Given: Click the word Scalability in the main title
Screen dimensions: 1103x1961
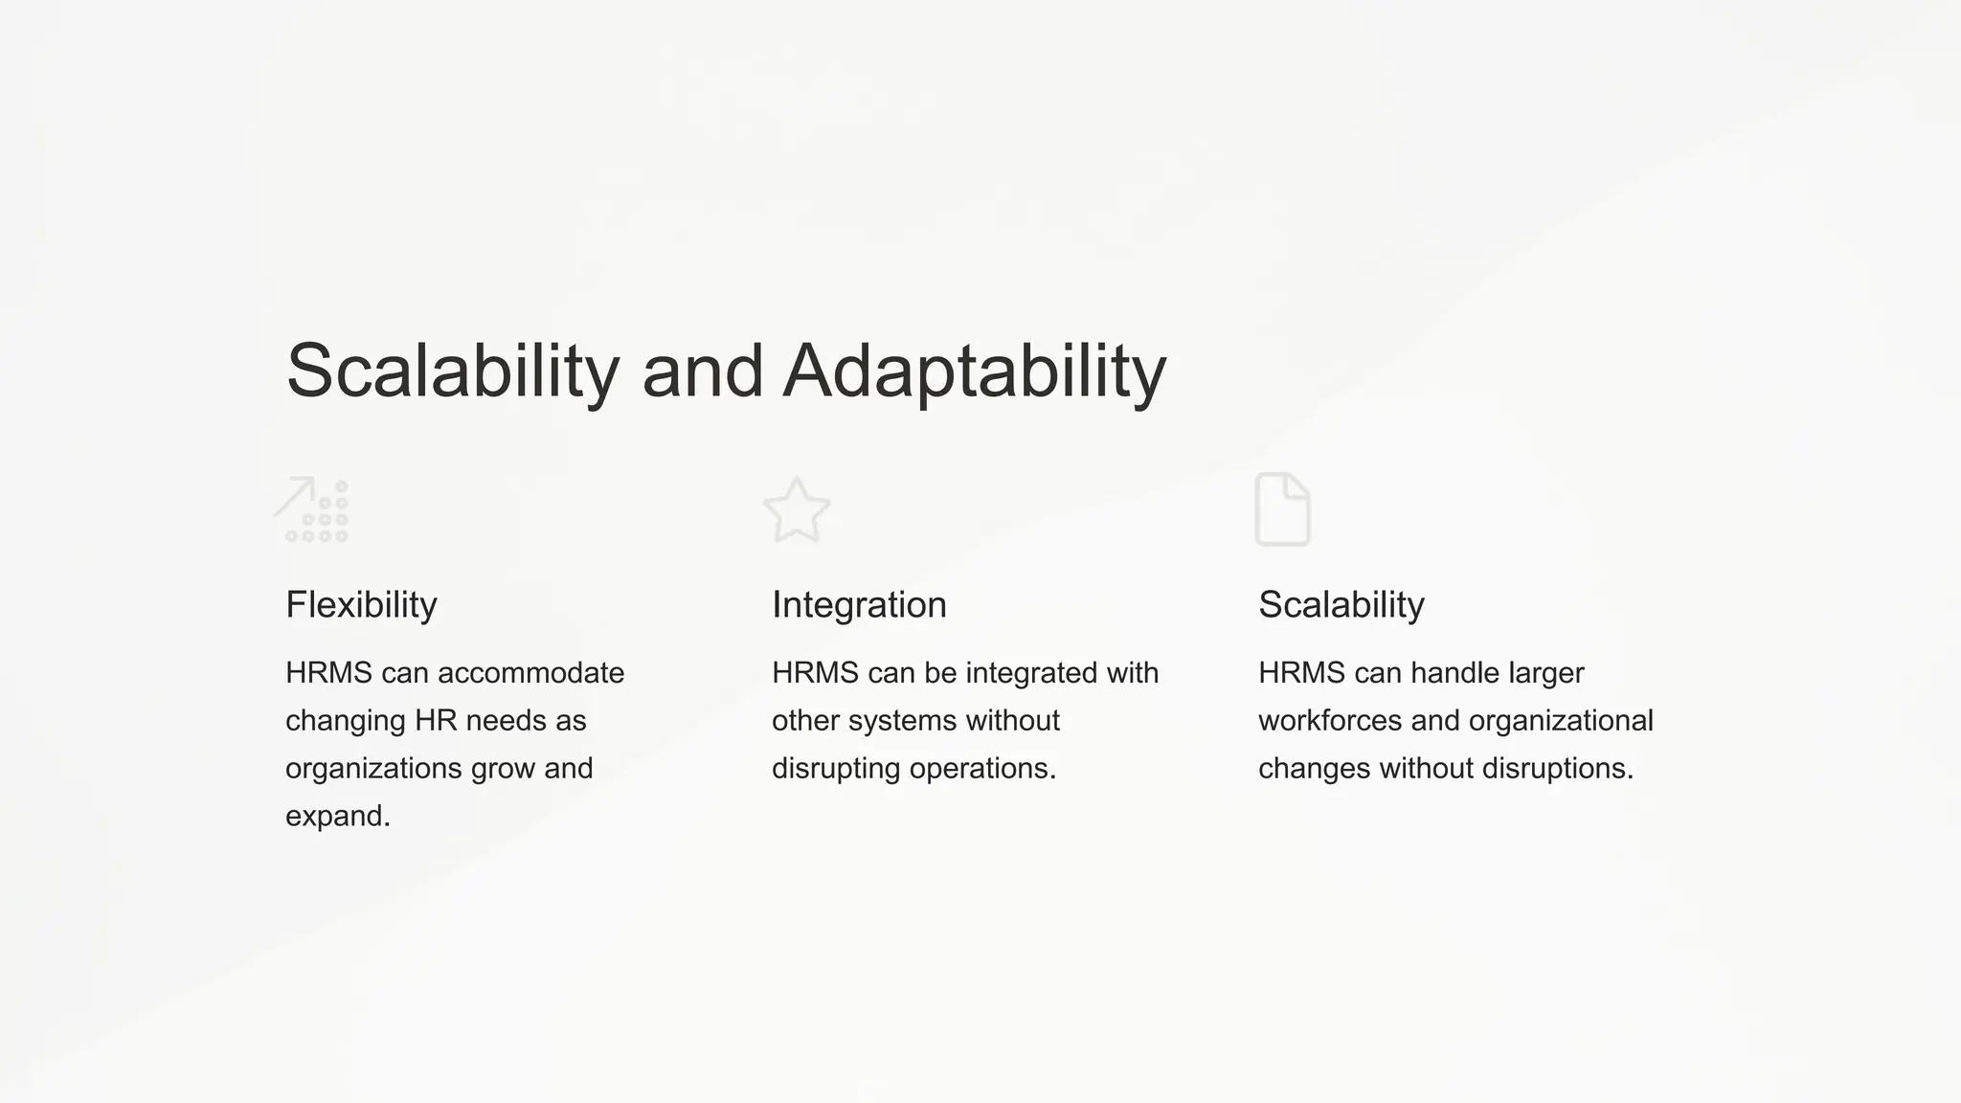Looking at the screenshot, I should click(x=453, y=371).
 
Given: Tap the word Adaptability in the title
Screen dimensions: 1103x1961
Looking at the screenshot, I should click(x=974, y=371).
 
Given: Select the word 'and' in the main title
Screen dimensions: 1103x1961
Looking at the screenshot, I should click(x=702, y=371).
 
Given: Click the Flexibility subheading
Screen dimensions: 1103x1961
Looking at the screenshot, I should click(x=361, y=605).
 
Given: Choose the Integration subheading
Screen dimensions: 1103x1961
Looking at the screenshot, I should click(x=859, y=605).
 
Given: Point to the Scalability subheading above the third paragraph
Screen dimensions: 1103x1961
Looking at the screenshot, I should click(x=1341, y=605).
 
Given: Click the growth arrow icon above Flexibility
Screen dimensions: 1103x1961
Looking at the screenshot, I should click(x=312, y=509).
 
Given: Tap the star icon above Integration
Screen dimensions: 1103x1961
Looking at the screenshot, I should click(x=797, y=509).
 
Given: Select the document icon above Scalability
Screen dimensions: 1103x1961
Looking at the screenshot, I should click(x=1282, y=509).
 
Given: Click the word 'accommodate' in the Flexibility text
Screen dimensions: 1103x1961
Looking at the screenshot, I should click(x=530, y=673).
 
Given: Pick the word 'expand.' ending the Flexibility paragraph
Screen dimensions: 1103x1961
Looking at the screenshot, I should click(x=338, y=817).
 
